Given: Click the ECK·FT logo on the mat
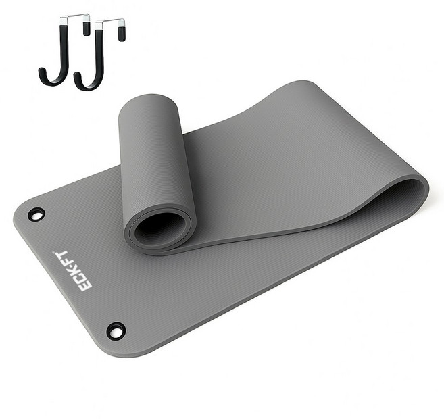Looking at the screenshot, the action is [x=73, y=270].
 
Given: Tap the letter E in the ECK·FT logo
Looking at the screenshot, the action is [x=85, y=286].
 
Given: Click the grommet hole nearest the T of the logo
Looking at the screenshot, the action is [x=36, y=214].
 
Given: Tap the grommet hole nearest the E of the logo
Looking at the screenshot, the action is [x=116, y=330].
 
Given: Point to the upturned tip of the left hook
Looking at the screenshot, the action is [x=42, y=72].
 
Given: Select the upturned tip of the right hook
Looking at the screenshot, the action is [x=78, y=76].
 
